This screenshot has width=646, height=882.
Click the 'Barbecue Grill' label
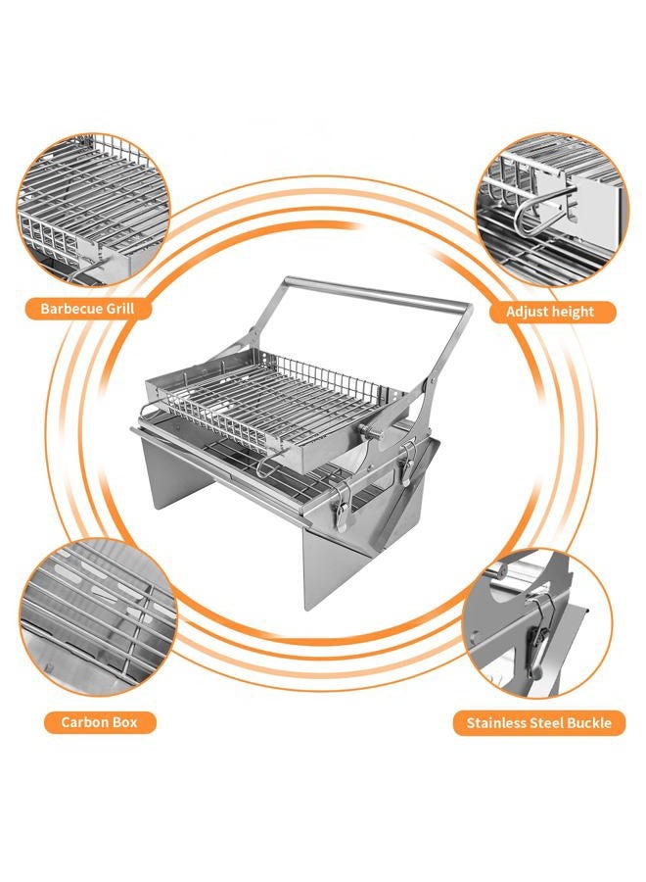(x=88, y=309)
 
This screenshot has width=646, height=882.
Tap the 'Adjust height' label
(x=550, y=312)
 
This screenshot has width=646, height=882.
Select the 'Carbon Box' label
(x=100, y=722)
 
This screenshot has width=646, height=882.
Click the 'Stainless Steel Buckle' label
(x=538, y=723)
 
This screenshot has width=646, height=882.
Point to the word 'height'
(x=573, y=312)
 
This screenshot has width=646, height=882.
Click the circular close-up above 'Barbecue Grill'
(x=93, y=210)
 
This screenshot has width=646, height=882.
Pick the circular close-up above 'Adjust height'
(x=552, y=210)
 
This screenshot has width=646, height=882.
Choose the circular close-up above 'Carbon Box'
(x=98, y=616)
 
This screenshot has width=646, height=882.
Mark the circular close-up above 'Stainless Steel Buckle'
(x=537, y=624)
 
